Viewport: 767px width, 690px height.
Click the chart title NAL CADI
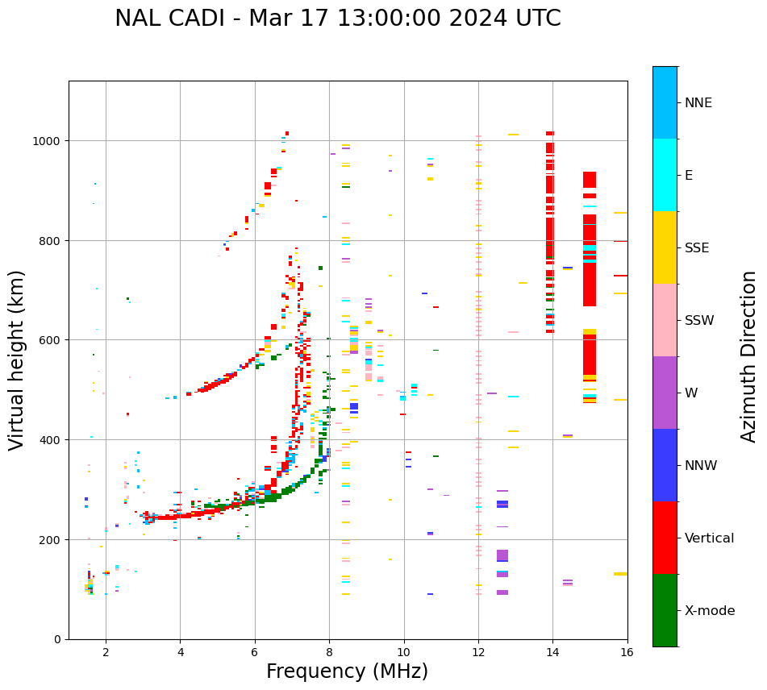coord(337,19)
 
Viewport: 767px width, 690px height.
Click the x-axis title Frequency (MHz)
coord(347,671)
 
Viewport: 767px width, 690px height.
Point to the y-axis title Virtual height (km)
coord(17,360)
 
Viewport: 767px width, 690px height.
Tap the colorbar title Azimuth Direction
coord(749,356)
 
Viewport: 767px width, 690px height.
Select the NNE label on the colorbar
coord(698,102)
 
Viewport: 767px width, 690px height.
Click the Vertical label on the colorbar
coord(709,538)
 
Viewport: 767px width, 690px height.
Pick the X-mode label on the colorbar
coord(710,610)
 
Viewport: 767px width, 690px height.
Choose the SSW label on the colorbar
coord(699,320)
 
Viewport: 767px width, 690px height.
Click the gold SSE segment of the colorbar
coord(665,247)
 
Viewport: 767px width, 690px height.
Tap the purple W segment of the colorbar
coord(665,393)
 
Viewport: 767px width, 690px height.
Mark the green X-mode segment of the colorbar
coord(665,610)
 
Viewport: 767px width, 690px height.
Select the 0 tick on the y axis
coord(57,639)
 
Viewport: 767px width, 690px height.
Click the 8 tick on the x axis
coord(329,653)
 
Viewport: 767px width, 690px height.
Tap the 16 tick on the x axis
coord(627,653)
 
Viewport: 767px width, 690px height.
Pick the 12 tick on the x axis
coord(478,653)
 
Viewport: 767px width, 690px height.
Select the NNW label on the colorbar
coord(702,465)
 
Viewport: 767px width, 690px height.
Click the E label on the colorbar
coord(689,175)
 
